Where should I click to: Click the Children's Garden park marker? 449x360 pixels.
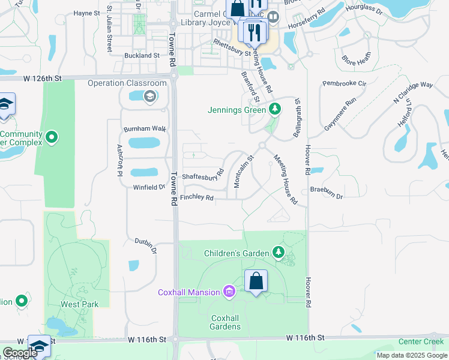[x=279, y=252]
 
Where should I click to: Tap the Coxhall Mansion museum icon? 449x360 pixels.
[x=228, y=292]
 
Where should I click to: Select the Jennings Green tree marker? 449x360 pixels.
[x=275, y=109]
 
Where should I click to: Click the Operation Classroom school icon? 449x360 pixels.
[x=149, y=96]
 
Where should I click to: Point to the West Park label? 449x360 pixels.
[x=79, y=304]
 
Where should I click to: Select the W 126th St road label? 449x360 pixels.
[x=43, y=78]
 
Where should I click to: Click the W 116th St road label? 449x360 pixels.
[x=305, y=338]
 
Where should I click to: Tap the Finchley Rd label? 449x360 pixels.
[x=196, y=197]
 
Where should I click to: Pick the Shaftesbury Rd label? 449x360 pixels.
[x=203, y=176]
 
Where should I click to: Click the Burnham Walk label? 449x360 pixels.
[x=144, y=129]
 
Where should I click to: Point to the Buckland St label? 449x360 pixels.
[x=141, y=55]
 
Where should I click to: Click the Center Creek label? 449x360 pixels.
[x=421, y=342]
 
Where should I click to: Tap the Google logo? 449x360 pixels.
[x=20, y=353]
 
